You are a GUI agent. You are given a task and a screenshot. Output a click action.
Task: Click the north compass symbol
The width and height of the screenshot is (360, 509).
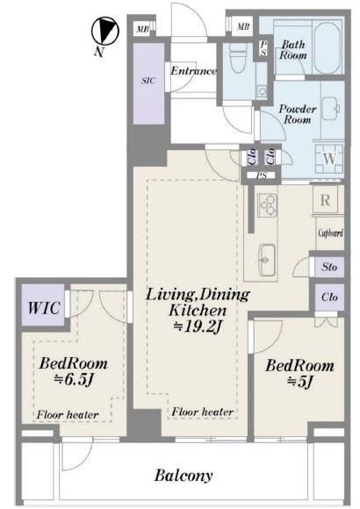[104, 31]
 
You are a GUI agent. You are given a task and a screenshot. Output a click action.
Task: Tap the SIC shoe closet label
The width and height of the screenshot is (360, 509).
[148, 81]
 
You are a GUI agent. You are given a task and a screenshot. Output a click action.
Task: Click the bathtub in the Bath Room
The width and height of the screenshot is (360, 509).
[328, 48]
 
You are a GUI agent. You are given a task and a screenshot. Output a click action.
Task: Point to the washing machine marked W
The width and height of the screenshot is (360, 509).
[329, 159]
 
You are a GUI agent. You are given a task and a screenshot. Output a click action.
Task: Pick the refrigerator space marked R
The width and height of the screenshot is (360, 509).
[325, 200]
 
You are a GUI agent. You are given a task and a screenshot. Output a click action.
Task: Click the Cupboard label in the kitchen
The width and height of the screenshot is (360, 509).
[330, 233]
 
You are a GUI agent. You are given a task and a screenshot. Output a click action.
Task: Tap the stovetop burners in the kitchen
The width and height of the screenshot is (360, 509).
[268, 205]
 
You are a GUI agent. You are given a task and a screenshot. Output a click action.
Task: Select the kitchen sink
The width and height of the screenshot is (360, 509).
[267, 259]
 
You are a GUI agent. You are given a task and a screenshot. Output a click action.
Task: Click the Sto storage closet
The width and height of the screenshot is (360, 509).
[329, 267]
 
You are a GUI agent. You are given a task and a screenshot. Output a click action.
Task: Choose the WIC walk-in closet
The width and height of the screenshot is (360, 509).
[44, 308]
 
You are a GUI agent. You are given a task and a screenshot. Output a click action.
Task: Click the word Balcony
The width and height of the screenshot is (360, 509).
[184, 476]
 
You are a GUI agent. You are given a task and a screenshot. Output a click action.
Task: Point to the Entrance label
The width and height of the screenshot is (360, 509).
[194, 71]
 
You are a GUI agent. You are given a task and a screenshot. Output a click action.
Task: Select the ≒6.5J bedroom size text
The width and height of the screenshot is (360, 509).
[74, 380]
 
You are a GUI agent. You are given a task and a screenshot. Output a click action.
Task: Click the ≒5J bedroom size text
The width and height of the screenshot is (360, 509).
[300, 382]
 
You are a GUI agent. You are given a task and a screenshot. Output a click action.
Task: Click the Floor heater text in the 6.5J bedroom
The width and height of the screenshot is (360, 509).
[68, 414]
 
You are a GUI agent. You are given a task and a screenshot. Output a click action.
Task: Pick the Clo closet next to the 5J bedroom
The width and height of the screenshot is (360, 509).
[329, 297]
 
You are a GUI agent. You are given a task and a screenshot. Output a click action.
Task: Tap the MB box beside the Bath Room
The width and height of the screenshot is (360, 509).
[243, 26]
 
